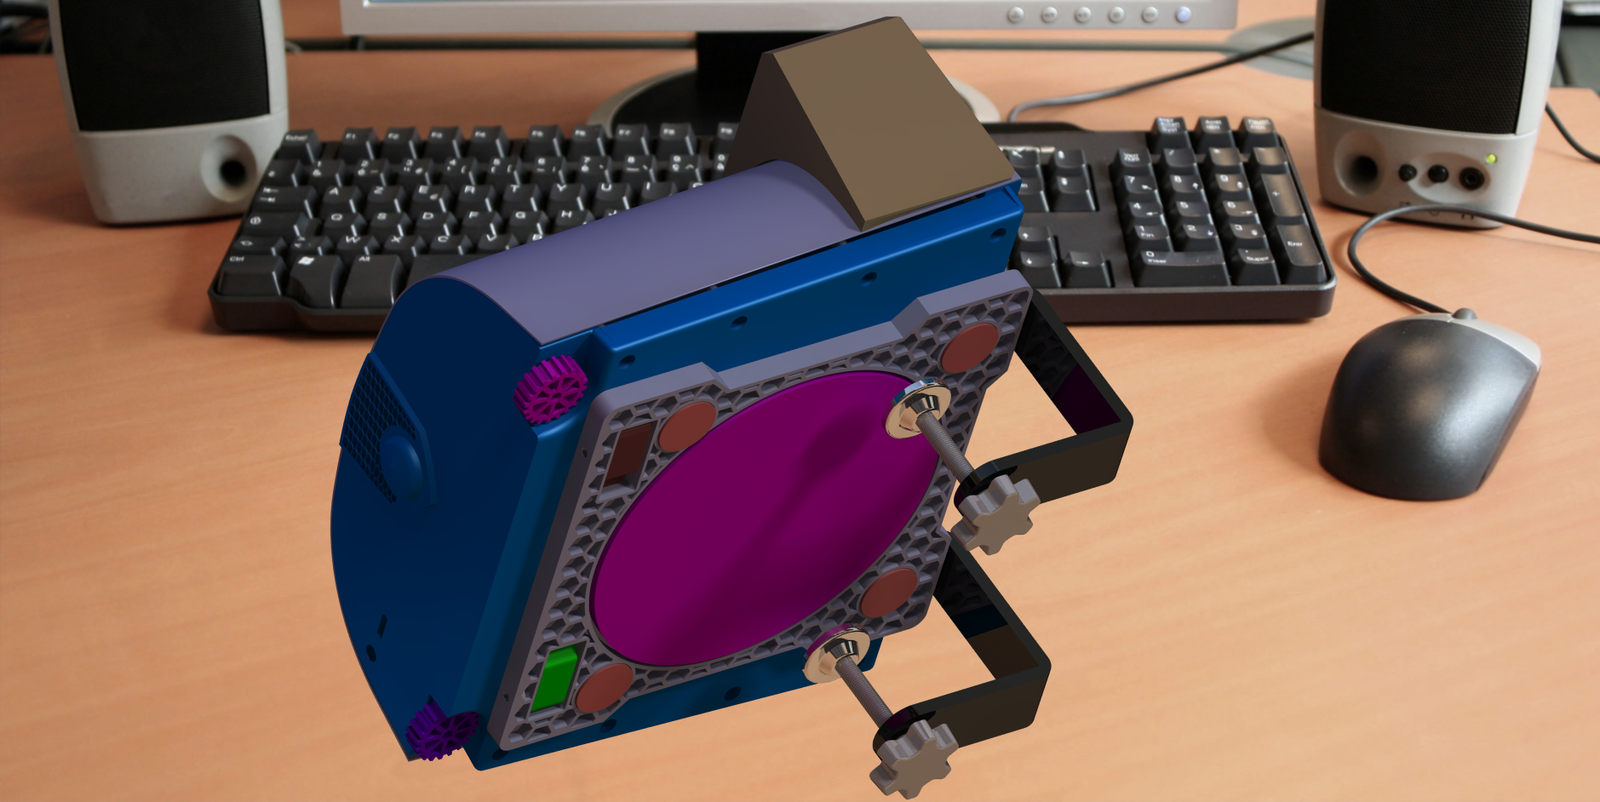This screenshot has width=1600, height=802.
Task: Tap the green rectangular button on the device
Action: click(x=554, y=679)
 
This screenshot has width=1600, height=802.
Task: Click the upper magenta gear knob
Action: click(x=551, y=390)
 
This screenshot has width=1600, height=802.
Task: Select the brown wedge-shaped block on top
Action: click(x=877, y=128)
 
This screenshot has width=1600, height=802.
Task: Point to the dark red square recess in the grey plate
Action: click(x=630, y=455)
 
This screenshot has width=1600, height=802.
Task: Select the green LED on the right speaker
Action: click(x=1489, y=158)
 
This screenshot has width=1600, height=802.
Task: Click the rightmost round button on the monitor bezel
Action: click(x=1183, y=14)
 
